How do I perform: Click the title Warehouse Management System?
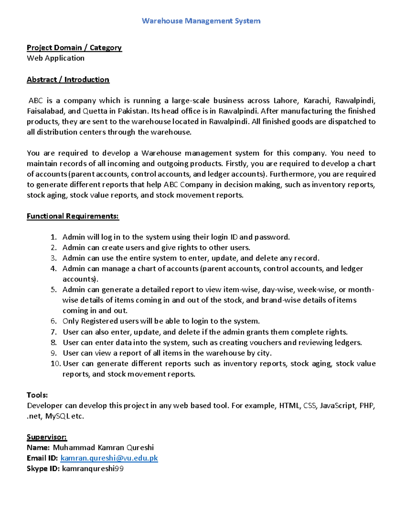click(201, 21)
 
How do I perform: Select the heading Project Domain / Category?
click(74, 48)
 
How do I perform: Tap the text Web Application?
click(55, 58)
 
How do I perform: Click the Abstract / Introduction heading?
click(68, 80)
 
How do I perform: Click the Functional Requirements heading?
click(73, 216)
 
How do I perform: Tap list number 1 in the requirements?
click(53, 237)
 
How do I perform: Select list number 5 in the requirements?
click(53, 290)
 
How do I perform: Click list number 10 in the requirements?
click(55, 364)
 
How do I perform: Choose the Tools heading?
click(37, 395)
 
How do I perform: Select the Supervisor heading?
click(47, 437)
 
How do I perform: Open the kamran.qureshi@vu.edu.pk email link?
click(109, 458)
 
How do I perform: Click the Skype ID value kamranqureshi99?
click(93, 469)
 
